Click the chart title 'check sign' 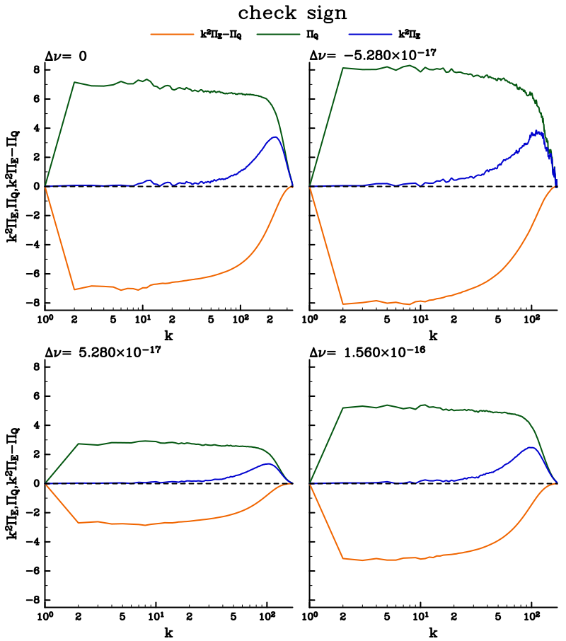coord(283,13)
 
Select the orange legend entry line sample coord(168,33)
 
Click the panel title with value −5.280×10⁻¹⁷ coord(368,55)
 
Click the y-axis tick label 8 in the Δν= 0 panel coord(35,69)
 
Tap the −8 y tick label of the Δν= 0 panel coord(32,304)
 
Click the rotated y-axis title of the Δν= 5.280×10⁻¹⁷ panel coord(13,483)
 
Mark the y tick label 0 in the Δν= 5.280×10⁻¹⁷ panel coord(35,483)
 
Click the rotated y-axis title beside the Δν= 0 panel coord(13,186)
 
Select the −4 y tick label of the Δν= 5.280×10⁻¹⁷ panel coord(32,542)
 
